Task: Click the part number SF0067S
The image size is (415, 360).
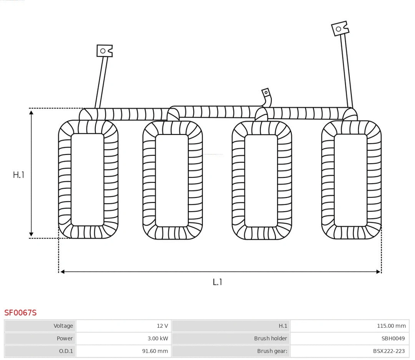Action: [x=20, y=312]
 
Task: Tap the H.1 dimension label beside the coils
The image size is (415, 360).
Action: [x=18, y=175]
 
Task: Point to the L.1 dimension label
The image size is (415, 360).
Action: [x=217, y=282]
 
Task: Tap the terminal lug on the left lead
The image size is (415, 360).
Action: [x=104, y=51]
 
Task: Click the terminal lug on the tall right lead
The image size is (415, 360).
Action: [x=340, y=29]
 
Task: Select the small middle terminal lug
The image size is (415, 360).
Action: [x=266, y=93]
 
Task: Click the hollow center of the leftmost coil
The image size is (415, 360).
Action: [x=88, y=179]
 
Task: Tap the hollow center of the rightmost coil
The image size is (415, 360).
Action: [x=350, y=180]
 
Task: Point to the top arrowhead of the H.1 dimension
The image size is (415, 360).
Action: [x=32, y=112]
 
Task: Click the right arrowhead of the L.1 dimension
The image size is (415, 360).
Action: [x=378, y=272]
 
